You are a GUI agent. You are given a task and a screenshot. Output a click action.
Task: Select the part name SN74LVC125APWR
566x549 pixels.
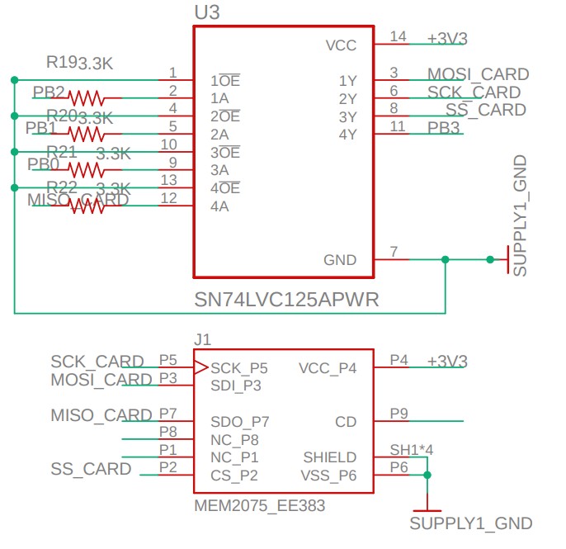click(x=286, y=300)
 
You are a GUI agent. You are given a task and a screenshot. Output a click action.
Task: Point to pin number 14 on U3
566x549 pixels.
click(x=399, y=36)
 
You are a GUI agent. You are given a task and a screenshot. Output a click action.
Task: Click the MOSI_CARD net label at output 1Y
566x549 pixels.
click(x=478, y=74)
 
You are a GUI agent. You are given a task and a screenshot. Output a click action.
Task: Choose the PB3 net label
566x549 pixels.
click(x=443, y=127)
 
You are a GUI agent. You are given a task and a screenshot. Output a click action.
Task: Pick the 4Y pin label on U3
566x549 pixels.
click(x=347, y=134)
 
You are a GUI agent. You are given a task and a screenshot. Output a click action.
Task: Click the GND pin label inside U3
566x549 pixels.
click(x=340, y=260)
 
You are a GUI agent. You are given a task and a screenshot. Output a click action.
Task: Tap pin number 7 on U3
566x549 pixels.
click(x=394, y=252)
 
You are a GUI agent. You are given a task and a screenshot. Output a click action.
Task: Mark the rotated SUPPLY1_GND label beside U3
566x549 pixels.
click(x=520, y=215)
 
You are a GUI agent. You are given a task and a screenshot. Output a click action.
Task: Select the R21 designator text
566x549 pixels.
click(x=62, y=151)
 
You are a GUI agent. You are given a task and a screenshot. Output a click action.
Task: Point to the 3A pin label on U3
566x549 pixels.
click(x=219, y=170)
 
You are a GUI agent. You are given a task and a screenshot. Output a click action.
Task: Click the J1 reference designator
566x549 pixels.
click(x=202, y=339)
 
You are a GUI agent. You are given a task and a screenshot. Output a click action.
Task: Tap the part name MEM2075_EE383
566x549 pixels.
click(x=259, y=505)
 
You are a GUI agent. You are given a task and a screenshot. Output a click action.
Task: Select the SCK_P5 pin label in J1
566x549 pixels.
click(x=239, y=367)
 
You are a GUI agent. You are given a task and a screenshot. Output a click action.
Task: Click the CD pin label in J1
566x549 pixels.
click(x=346, y=422)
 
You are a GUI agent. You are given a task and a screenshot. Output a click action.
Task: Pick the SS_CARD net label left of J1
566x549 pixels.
click(x=91, y=469)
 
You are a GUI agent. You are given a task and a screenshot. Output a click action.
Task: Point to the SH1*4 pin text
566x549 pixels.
click(x=412, y=450)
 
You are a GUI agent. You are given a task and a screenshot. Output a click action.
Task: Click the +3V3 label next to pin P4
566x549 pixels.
click(x=447, y=361)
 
